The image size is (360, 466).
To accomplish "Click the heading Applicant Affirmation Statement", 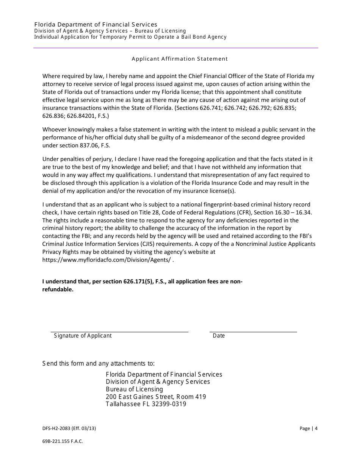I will point(180,59).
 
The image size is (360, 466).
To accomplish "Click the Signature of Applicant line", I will point(119,332).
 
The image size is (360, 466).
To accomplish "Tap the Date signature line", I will point(253,332).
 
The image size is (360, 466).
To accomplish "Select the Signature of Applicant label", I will point(83,336).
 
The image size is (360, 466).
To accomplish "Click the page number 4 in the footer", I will point(316,428).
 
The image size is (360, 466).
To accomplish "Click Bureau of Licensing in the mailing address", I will point(134,389).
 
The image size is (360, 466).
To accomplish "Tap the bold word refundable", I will point(58,289).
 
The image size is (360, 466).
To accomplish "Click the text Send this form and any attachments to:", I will point(99,364).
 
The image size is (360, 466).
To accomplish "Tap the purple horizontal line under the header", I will point(176,48).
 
